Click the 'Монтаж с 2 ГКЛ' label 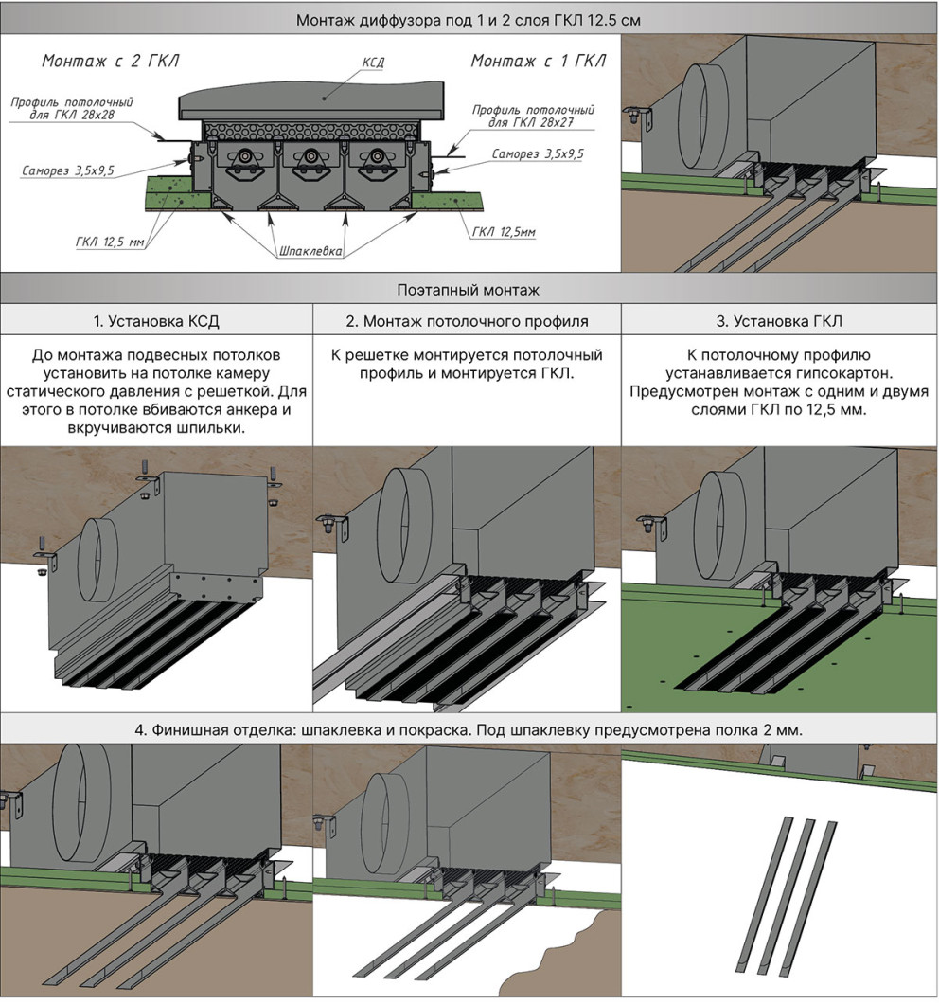[110, 61]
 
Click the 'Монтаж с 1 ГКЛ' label [538, 61]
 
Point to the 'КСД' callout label [373, 63]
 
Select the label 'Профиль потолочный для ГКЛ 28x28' [72, 108]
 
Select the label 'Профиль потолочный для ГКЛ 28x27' [533, 116]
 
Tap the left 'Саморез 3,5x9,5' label [68, 170]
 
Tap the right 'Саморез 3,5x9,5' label [538, 153]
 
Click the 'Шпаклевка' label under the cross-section [310, 251]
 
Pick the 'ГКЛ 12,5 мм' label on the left [110, 242]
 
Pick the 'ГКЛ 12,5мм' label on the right [504, 231]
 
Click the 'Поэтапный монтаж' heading [469, 291]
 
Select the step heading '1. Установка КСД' [156, 321]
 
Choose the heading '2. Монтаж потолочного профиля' [467, 321]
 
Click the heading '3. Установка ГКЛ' [779, 321]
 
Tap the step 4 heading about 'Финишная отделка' [469, 730]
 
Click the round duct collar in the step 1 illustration [97, 561]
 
